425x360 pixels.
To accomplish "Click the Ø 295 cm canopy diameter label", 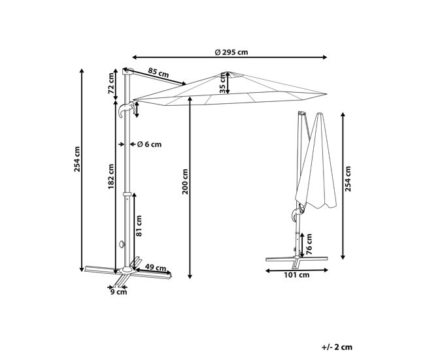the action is coord(231,52).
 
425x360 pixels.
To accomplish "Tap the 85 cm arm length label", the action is coord(158,73).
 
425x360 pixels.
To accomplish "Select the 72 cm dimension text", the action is coord(111,84).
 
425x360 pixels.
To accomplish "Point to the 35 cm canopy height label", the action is coord(222,83).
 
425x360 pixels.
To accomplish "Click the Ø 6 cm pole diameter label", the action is coord(149,144).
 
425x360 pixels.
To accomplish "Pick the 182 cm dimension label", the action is coord(111,176).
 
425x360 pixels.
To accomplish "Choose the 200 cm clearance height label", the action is coord(185,182).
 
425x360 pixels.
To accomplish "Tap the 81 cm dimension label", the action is coord(139,225).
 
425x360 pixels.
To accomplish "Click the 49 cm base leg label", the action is coord(156,268).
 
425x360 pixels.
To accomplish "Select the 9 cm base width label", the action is coord(119,292).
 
